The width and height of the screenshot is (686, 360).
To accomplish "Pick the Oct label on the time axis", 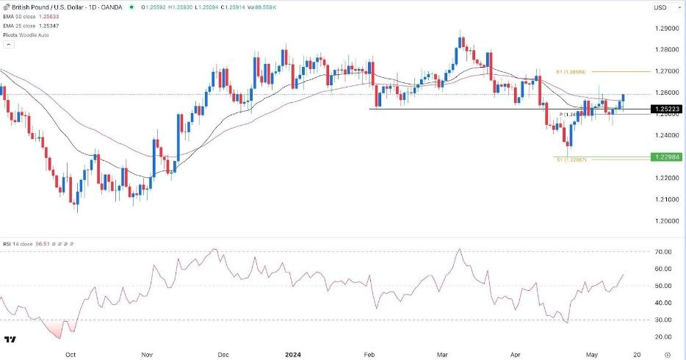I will coord(71,353).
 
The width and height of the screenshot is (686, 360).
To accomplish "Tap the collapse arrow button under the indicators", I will coord(8,45).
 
